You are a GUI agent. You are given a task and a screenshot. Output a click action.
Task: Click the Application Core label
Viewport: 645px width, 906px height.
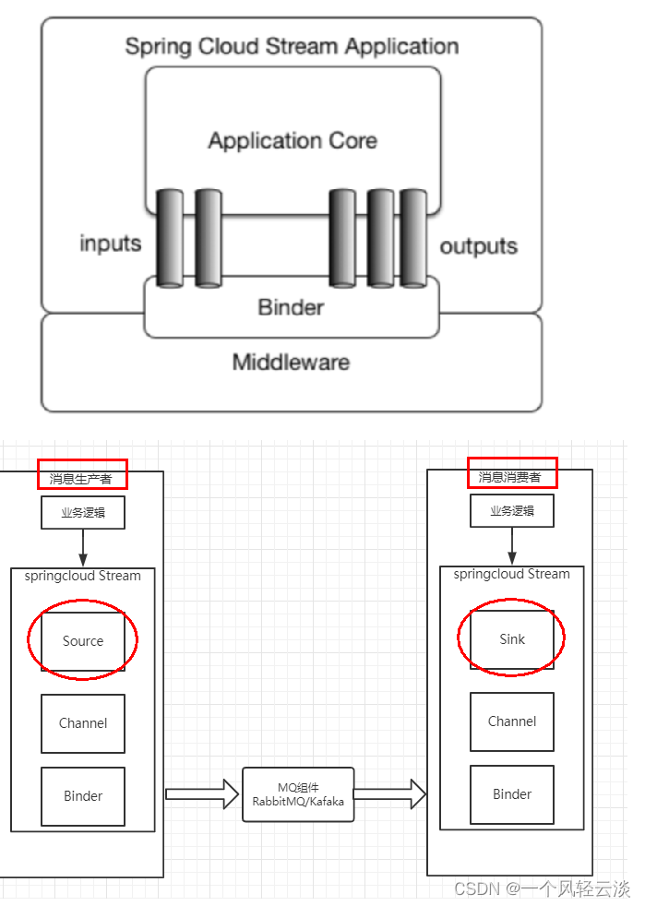click(x=292, y=141)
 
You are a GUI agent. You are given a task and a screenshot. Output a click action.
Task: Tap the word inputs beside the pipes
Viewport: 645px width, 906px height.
click(x=111, y=244)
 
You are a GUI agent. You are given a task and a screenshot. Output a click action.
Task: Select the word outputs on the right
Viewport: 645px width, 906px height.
click(x=478, y=246)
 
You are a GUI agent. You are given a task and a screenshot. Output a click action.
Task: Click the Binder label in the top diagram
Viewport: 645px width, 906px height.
click(x=291, y=307)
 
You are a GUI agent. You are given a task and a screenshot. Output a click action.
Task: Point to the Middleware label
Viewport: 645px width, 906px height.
click(x=291, y=363)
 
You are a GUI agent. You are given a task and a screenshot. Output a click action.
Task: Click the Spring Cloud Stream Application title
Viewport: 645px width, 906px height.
click(x=292, y=46)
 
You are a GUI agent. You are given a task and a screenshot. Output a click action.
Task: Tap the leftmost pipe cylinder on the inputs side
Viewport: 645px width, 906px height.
click(x=170, y=237)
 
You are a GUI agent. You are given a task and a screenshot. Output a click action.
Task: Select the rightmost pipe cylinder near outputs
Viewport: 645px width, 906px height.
click(x=412, y=237)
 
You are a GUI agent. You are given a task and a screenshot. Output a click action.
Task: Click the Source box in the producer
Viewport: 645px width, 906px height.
click(x=83, y=641)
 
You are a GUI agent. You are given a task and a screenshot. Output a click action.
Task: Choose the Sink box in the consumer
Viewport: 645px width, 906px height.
click(x=512, y=638)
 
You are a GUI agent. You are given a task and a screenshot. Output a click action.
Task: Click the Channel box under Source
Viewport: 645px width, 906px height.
click(x=83, y=723)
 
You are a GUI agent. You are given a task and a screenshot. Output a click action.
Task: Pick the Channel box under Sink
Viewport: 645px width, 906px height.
click(x=512, y=721)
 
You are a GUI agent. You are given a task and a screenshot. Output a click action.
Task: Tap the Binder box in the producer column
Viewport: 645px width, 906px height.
click(x=83, y=795)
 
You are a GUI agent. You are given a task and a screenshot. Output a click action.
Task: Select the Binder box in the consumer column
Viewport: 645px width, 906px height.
click(x=512, y=793)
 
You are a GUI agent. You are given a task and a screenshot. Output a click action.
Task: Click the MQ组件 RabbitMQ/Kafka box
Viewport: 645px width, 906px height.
click(x=298, y=794)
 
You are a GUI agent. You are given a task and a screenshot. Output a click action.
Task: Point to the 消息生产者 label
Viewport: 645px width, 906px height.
click(x=82, y=479)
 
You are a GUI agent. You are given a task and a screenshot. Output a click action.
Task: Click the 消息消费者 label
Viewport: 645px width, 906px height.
click(x=510, y=477)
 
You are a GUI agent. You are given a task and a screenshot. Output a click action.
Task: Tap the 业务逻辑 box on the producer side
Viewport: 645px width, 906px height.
click(x=83, y=513)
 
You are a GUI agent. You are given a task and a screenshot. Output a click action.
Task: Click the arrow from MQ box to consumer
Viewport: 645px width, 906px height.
click(x=389, y=793)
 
